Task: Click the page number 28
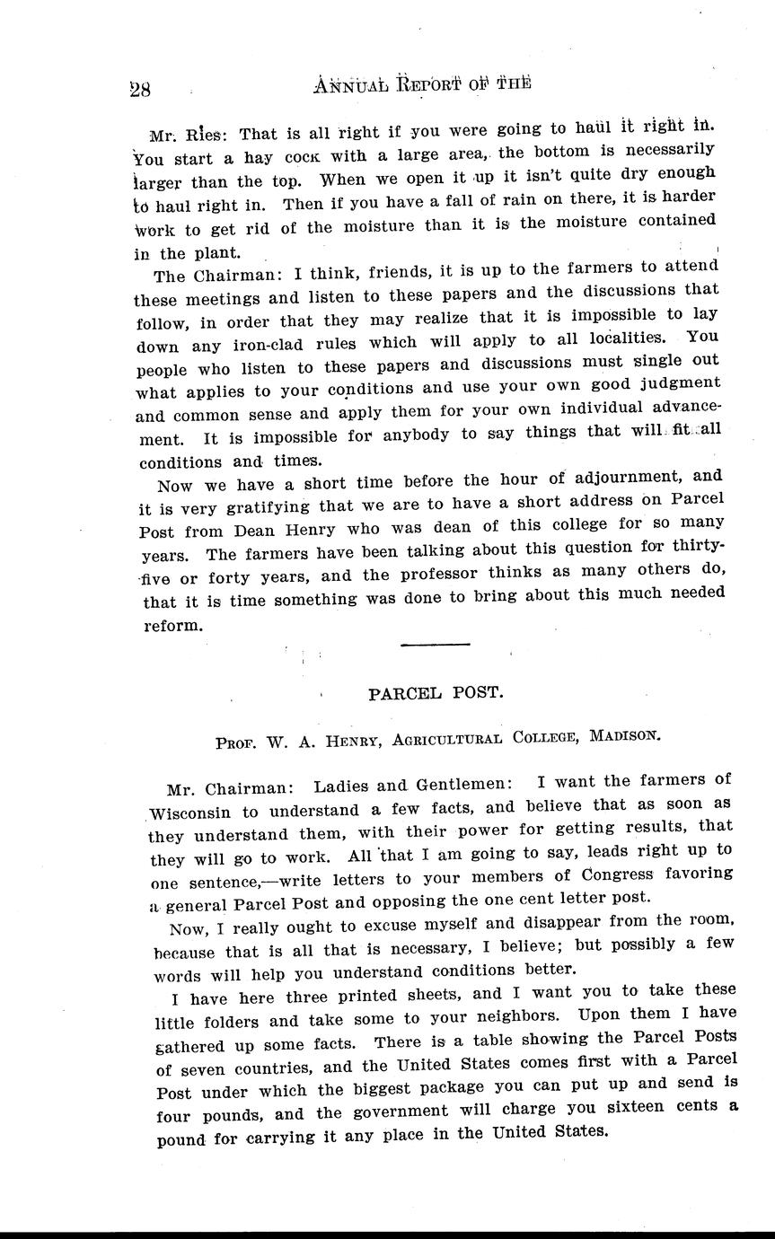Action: [139, 88]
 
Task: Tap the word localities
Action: [612, 339]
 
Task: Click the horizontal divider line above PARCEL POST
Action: [435, 644]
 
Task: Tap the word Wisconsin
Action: [192, 815]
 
